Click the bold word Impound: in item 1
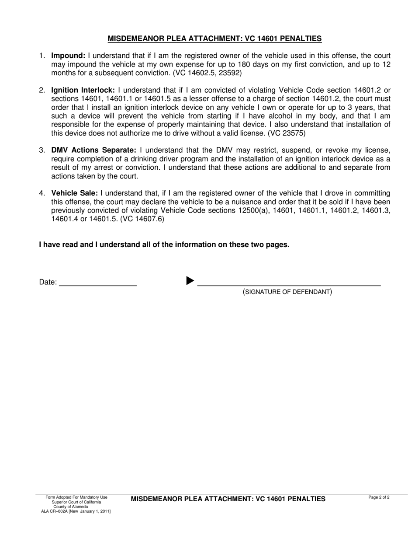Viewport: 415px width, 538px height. point(68,56)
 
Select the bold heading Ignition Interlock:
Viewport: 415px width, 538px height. point(83,90)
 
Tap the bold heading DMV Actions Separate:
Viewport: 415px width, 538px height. point(94,150)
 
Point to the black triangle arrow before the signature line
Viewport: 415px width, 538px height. point(190,281)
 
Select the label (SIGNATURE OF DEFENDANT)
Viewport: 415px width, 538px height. point(287,292)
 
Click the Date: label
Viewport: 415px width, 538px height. point(48,282)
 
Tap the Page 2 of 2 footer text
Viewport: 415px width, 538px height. point(379,497)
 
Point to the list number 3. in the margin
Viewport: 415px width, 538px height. point(42,150)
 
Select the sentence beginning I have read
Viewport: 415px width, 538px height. point(164,245)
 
